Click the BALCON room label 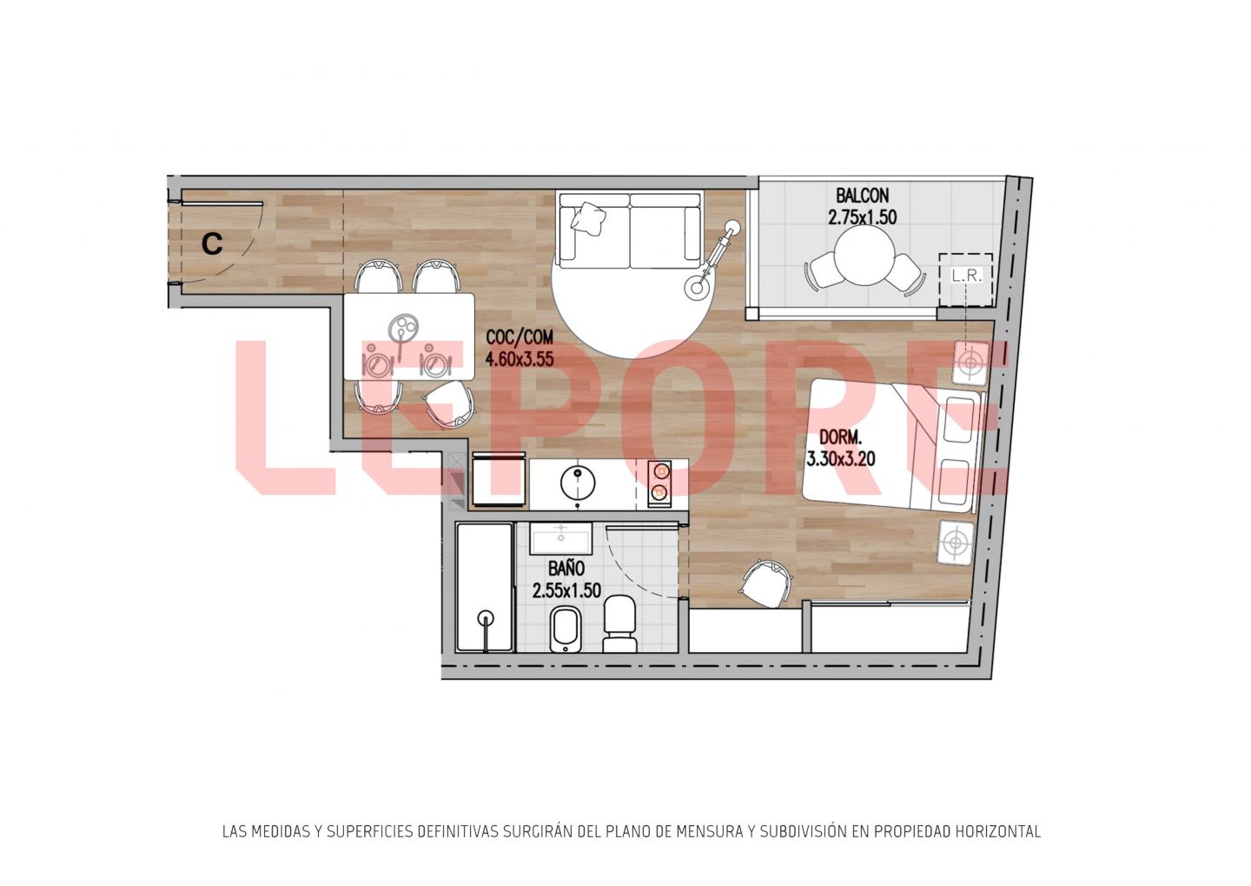[862, 196]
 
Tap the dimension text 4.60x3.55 [520, 358]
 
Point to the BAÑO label [566, 569]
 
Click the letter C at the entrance [212, 243]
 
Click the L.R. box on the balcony [966, 279]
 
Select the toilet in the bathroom [620, 623]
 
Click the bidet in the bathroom [566, 630]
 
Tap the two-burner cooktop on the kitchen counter [659, 483]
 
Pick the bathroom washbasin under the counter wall [560, 537]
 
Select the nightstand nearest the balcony [971, 363]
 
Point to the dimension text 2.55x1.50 [566, 590]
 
